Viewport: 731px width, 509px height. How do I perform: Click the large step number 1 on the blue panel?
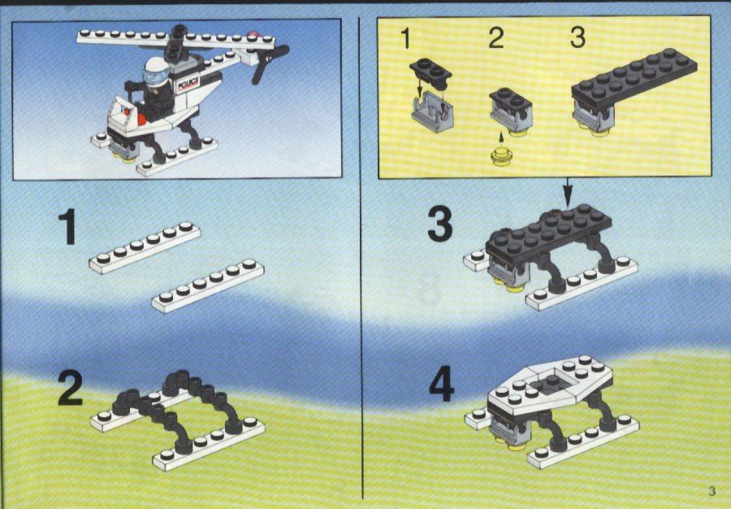(x=69, y=226)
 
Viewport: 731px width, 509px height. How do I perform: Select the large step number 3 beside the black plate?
(x=440, y=224)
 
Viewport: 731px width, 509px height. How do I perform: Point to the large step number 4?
(x=441, y=384)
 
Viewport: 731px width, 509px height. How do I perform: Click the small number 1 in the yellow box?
(x=406, y=39)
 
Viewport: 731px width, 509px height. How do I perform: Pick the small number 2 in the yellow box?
(x=496, y=37)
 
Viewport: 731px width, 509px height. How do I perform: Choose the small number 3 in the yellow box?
(x=577, y=37)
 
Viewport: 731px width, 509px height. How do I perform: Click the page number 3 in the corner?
(x=712, y=491)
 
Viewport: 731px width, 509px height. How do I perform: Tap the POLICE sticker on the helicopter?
(x=188, y=84)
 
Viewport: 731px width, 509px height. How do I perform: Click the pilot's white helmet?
(x=157, y=71)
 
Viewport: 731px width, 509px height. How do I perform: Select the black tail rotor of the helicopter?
(x=269, y=64)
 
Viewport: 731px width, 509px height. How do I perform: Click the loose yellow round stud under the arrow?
(x=501, y=156)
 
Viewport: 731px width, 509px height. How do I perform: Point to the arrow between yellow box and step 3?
(x=568, y=192)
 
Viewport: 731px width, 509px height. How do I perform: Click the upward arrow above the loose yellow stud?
(x=501, y=138)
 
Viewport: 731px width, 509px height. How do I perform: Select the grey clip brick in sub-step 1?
(x=433, y=111)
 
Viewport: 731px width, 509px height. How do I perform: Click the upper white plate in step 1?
(x=145, y=247)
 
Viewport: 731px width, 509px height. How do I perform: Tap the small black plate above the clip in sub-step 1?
(x=430, y=73)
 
